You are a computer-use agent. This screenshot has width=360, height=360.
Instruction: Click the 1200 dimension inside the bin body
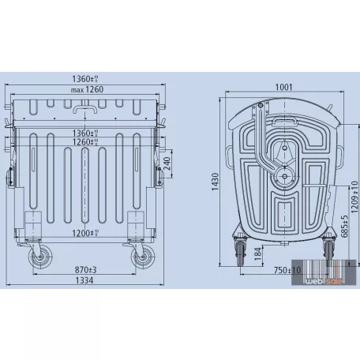point(87,234)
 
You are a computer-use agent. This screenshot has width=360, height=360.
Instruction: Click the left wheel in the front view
point(36,258)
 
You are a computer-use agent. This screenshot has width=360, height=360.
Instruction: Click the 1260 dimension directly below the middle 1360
point(87,143)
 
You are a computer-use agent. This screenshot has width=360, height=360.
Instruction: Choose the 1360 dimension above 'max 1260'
point(88,79)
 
